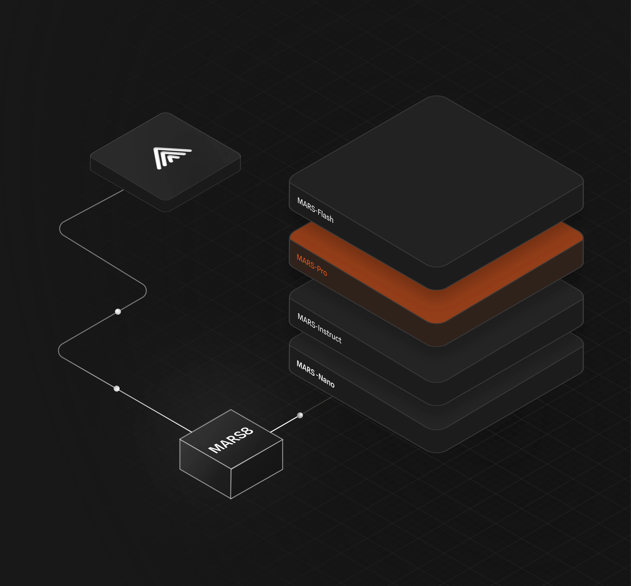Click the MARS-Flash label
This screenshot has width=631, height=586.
[315, 210]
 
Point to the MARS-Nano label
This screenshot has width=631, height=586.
[315, 374]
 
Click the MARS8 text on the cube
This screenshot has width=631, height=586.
[231, 440]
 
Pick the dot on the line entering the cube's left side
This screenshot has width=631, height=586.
[117, 389]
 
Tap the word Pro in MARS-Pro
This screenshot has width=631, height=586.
[321, 271]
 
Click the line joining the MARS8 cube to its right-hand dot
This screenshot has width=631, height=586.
[284, 424]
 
